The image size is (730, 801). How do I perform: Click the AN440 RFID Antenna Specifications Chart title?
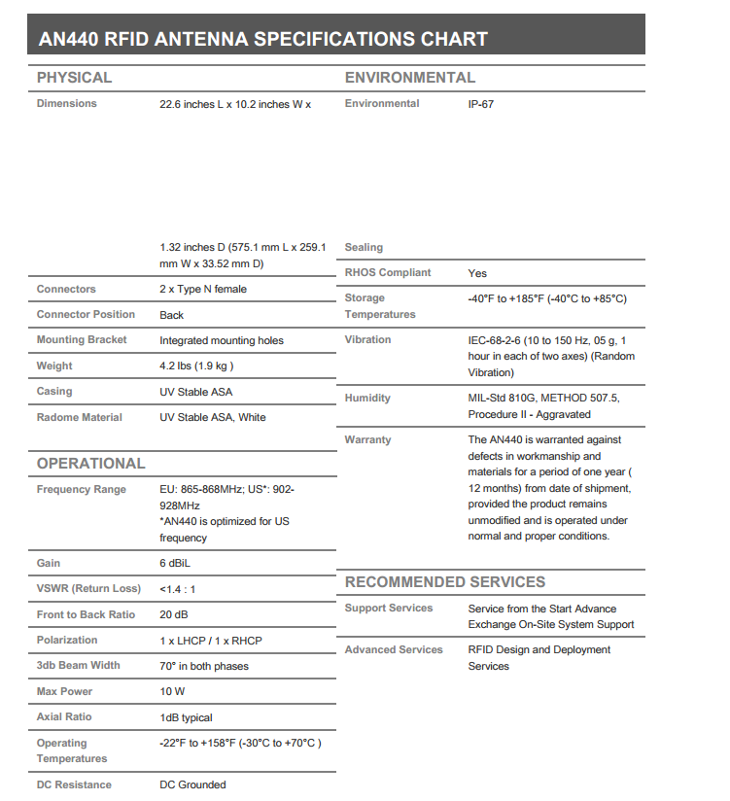click(x=262, y=40)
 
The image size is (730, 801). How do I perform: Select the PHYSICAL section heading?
click(x=74, y=78)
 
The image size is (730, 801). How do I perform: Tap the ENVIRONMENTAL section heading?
click(x=410, y=78)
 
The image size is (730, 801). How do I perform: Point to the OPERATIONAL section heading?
click(x=90, y=464)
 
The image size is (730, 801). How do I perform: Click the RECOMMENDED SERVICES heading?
click(x=445, y=582)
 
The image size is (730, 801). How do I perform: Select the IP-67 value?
click(x=480, y=104)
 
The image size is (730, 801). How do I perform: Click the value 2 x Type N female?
click(x=203, y=290)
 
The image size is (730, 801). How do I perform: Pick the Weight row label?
click(x=54, y=366)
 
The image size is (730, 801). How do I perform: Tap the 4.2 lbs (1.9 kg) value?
click(x=196, y=366)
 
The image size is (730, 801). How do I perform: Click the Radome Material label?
click(x=80, y=418)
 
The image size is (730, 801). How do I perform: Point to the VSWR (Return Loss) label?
click(x=88, y=589)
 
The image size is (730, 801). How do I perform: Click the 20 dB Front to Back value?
click(x=174, y=615)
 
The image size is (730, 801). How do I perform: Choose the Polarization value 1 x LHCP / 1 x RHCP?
click(x=211, y=641)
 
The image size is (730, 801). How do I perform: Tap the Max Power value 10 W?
click(x=173, y=692)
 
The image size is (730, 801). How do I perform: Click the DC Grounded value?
click(x=192, y=785)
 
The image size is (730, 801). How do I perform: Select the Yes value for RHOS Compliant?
click(x=477, y=274)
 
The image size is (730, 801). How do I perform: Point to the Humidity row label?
click(x=367, y=399)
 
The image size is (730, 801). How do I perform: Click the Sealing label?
click(x=364, y=248)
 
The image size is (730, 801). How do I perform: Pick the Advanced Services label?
click(x=394, y=650)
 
